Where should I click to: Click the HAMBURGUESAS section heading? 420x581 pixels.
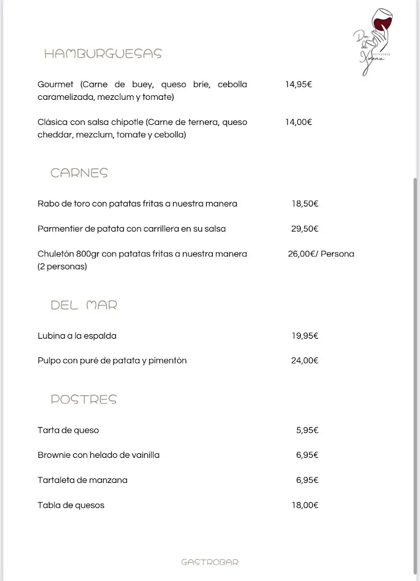pyautogui.click(x=103, y=54)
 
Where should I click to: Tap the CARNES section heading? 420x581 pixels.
pyautogui.click(x=79, y=173)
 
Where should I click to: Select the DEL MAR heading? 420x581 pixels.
pyautogui.click(x=84, y=305)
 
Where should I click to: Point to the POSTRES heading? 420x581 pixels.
pyautogui.click(x=83, y=399)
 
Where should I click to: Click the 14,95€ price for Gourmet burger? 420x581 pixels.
pyautogui.click(x=299, y=85)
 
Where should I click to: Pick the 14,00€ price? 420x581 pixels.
pyautogui.click(x=299, y=122)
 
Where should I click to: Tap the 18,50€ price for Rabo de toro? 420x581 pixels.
pyautogui.click(x=305, y=204)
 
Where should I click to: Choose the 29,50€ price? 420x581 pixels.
pyautogui.click(x=305, y=229)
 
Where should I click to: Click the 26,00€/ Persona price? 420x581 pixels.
pyautogui.click(x=321, y=254)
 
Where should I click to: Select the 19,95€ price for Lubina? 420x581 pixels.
pyautogui.click(x=305, y=336)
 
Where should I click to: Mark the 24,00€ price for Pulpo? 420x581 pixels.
pyautogui.click(x=305, y=360)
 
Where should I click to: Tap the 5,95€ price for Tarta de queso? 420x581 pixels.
pyautogui.click(x=307, y=430)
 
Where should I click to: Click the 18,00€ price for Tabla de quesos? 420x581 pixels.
pyautogui.click(x=305, y=505)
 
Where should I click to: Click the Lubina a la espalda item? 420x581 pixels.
pyautogui.click(x=77, y=336)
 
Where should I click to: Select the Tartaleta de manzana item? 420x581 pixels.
pyautogui.click(x=82, y=480)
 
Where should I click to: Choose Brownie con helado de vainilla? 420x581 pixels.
pyautogui.click(x=98, y=455)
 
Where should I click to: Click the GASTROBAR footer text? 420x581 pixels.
pyautogui.click(x=209, y=562)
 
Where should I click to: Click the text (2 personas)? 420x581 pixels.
pyautogui.click(x=62, y=266)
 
